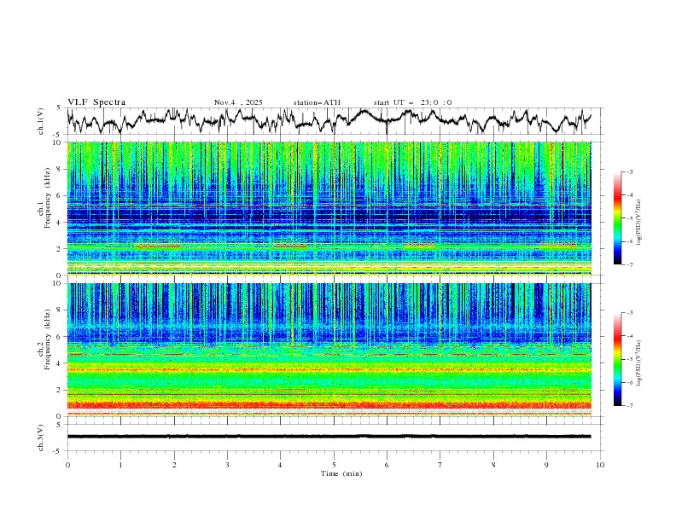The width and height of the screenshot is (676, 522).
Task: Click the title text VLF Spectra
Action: [96, 102]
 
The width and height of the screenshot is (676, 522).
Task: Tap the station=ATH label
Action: [317, 102]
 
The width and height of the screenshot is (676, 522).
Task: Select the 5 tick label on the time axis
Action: [334, 464]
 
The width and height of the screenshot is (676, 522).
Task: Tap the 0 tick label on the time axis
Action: [67, 464]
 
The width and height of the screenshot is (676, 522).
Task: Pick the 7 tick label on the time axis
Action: [440, 464]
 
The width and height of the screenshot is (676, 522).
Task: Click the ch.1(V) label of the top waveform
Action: [41, 121]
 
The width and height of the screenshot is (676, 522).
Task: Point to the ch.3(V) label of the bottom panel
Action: [41, 436]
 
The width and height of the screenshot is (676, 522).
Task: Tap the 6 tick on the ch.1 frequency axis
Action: [59, 196]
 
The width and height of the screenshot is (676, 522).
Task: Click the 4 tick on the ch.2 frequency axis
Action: [59, 363]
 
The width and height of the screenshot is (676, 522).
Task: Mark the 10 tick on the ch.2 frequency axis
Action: [57, 284]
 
